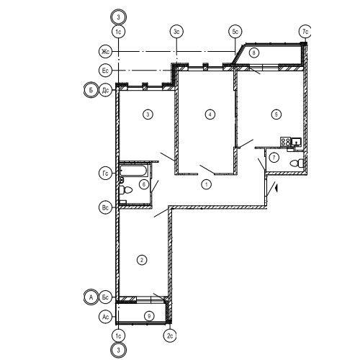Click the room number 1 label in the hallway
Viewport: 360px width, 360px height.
207,184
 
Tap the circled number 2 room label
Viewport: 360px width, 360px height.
142,260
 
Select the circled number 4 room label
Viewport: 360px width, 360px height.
210,114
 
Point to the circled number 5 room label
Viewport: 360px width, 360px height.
276,114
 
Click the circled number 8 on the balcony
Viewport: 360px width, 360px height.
254,53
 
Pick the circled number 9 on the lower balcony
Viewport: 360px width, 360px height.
149,316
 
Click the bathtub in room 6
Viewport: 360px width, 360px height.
134,171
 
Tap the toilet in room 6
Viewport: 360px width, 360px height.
126,190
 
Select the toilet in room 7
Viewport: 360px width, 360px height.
297,163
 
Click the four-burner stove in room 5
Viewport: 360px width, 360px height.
286,141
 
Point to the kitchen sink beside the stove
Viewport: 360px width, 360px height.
297,142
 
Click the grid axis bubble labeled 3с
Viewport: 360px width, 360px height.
177,32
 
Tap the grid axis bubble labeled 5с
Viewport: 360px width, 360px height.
235,32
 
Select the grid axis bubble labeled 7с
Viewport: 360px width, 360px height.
305,32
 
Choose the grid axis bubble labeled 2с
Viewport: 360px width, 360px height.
170,336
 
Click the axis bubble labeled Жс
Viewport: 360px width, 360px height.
105,52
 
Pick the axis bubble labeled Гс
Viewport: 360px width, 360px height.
105,174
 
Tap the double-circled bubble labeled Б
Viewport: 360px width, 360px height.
91,91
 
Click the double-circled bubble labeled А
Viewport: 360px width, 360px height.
91,297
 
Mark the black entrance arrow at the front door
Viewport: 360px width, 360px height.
276,188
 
